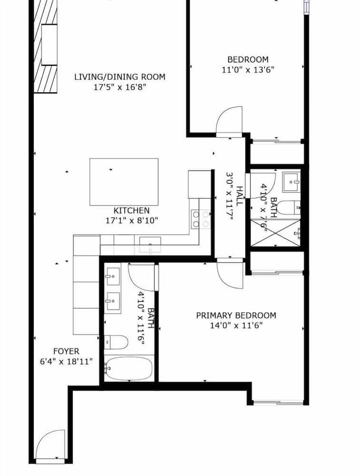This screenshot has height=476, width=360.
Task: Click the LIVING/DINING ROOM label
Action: (120, 77)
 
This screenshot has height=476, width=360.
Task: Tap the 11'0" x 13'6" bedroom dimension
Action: (247, 69)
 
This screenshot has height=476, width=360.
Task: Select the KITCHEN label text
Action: (131, 210)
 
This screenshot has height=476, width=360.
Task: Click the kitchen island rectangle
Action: (124, 182)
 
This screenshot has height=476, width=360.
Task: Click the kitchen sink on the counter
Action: (150, 246)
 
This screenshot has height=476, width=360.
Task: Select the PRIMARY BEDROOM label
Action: (236, 315)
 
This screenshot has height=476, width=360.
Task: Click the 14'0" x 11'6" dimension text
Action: (236, 326)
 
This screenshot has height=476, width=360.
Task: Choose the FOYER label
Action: (66, 351)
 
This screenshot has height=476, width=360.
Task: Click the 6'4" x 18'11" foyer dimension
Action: (66, 362)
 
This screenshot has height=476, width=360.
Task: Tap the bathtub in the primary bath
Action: (128, 369)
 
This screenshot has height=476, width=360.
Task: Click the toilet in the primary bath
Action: (116, 341)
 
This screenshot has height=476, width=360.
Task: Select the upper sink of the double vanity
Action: (113, 276)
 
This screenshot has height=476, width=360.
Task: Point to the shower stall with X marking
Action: (275, 233)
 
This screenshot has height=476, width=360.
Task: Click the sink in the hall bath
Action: (291, 181)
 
